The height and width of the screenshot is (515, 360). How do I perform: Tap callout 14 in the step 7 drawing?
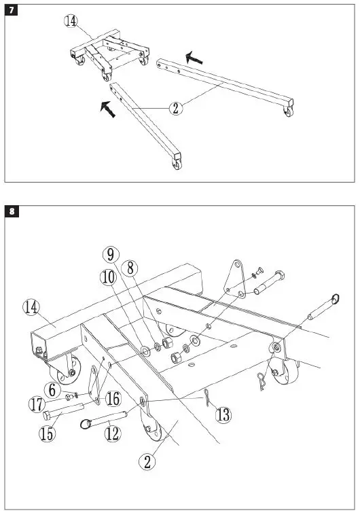click(71, 21)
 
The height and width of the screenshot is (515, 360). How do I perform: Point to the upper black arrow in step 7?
click(195, 59)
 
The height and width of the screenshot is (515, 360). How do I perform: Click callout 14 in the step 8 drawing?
click(31, 307)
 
